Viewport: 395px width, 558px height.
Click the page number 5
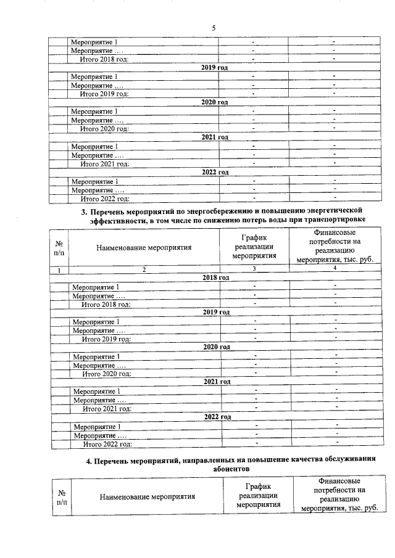[214, 28]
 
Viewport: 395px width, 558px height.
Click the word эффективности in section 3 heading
[116, 220]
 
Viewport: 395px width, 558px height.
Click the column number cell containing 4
[335, 269]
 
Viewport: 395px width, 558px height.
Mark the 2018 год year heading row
[215, 278]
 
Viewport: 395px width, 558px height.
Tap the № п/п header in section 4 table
[62, 496]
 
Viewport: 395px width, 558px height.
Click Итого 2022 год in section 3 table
[107, 443]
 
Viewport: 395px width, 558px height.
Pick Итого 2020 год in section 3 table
[107, 374]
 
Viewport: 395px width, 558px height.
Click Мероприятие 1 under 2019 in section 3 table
[96, 322]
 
